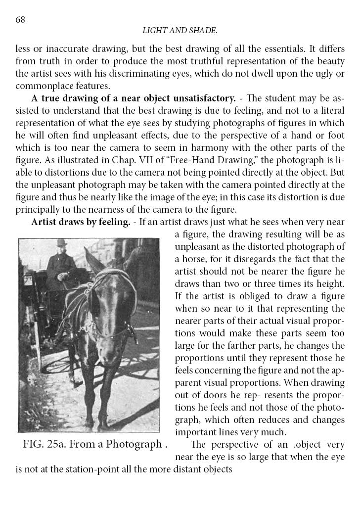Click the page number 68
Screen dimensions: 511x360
coord(20,20)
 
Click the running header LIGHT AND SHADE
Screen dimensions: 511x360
coord(180,31)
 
